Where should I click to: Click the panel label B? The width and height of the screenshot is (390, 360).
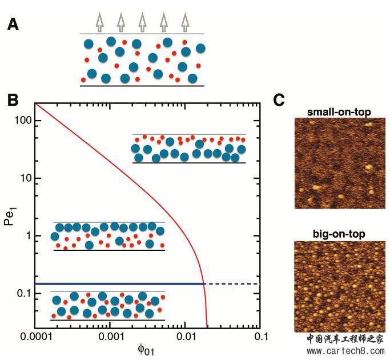13,99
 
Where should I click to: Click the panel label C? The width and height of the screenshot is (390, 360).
279,99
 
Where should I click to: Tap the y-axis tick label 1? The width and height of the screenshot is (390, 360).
27,236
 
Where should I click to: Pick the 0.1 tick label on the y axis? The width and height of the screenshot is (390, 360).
23,294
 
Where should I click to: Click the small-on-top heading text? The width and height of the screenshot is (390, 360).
340,111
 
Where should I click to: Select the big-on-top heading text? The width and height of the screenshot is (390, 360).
340,234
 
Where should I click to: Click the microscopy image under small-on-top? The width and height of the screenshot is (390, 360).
340,163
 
